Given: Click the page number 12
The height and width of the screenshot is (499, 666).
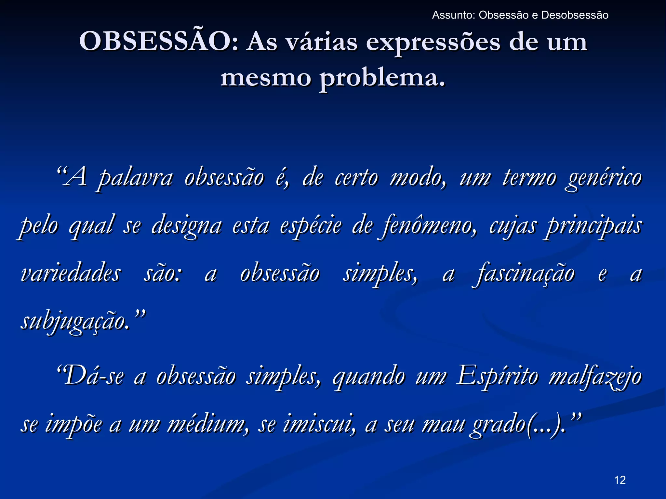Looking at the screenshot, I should coord(620,480).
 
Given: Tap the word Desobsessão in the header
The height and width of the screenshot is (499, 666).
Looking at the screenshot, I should coord(575,15).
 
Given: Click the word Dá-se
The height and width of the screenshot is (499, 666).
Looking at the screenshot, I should coord(93,376).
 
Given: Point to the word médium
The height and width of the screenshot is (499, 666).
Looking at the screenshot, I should coord(207,424).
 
